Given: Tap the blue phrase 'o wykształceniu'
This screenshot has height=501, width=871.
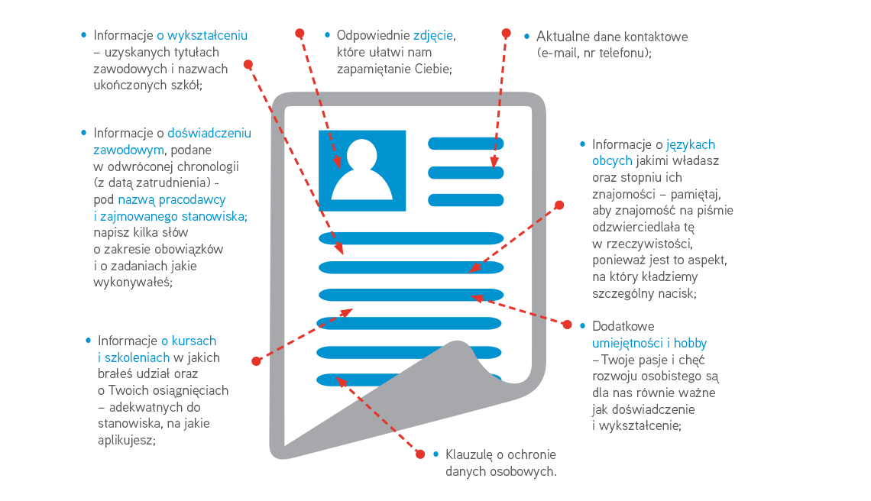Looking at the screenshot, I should click(202, 35).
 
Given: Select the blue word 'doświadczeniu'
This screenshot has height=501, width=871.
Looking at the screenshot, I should click(209, 133).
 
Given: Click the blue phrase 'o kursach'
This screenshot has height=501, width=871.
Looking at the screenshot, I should click(188, 341).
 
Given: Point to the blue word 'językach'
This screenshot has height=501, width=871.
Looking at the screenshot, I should click(691, 144).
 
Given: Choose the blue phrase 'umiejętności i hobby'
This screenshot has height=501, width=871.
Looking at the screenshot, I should click(649, 343).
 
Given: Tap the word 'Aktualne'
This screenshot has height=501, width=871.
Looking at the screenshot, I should click(562, 37).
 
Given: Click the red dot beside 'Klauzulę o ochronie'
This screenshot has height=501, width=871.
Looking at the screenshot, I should click(419, 454).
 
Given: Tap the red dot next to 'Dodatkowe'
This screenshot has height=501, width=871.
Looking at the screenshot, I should click(567, 325).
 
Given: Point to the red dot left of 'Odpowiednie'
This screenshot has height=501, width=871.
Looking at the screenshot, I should click(300, 34).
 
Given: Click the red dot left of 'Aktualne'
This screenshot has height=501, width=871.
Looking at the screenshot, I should click(505, 33).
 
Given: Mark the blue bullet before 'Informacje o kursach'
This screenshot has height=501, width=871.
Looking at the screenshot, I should click(89, 341).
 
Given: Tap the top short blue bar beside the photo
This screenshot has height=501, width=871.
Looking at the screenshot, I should click(465, 143).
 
